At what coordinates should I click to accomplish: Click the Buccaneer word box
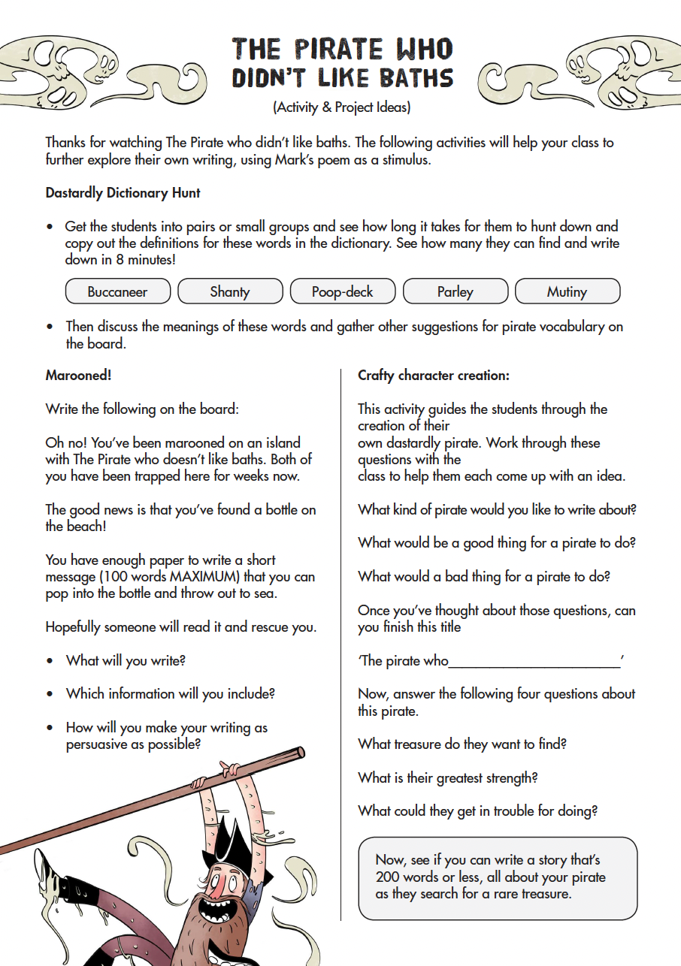pyautogui.click(x=118, y=291)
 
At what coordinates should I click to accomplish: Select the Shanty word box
pyautogui.click(x=230, y=291)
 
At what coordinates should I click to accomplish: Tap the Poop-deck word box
pyautogui.click(x=343, y=291)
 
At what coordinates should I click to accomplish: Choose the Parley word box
pyautogui.click(x=456, y=291)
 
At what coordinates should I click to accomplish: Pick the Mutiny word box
pyautogui.click(x=567, y=291)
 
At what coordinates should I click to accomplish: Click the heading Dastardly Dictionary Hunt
pyautogui.click(x=123, y=193)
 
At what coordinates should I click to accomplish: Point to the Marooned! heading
pyautogui.click(x=78, y=376)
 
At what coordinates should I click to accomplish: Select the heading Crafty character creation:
pyautogui.click(x=434, y=376)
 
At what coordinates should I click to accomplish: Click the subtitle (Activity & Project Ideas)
pyautogui.click(x=341, y=107)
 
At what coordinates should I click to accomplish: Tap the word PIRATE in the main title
pyautogui.click(x=342, y=50)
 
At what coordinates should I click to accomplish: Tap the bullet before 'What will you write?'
pyautogui.click(x=50, y=661)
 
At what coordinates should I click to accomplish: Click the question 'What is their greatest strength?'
pyautogui.click(x=448, y=777)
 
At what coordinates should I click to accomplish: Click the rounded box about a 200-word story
pyautogui.click(x=498, y=877)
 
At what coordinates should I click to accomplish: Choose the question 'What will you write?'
pyautogui.click(x=126, y=661)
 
